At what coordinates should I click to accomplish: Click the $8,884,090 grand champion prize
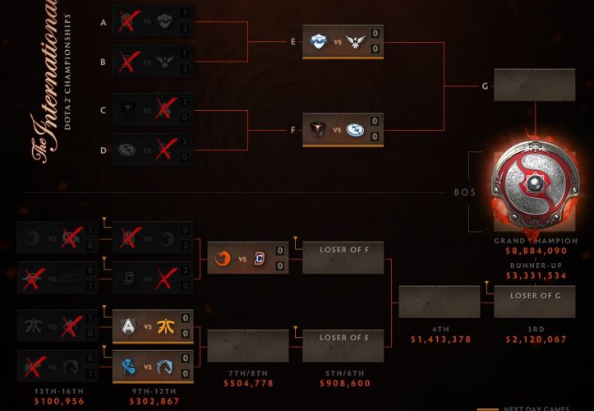[x=530, y=251]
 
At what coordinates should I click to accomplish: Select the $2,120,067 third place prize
[x=530, y=339]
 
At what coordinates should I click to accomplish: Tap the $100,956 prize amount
[x=58, y=401]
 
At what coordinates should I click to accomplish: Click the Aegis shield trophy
[x=530, y=185]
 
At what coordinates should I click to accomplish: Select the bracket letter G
[x=485, y=85]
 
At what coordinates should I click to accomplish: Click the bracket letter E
[x=293, y=41]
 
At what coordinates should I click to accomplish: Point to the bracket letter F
[x=293, y=129]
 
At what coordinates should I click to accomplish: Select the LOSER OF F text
[x=343, y=246]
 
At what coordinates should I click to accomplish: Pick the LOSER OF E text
[x=343, y=338]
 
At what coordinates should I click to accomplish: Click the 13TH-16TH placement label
[x=58, y=390]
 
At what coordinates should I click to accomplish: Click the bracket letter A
[x=103, y=22]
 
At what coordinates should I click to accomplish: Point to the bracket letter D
[x=103, y=150]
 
